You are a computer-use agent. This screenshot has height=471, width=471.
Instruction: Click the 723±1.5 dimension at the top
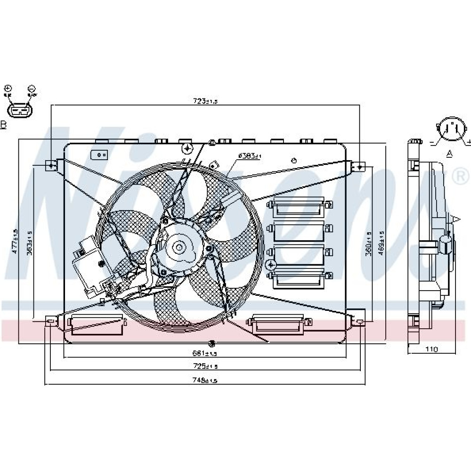pos(205,101)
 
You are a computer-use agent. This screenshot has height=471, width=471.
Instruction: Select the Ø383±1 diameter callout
pos(250,155)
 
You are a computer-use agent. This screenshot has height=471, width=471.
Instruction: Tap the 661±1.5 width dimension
pos(205,353)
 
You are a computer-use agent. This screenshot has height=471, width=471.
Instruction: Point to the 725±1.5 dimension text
pos(205,366)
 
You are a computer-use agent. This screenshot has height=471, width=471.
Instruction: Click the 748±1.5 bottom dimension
pos(205,380)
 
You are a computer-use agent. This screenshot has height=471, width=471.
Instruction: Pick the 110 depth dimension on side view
pos(431,349)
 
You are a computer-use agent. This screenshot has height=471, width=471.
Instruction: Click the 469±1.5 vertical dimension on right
pos(382,243)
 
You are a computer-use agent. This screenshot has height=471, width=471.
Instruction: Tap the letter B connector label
pos(3,125)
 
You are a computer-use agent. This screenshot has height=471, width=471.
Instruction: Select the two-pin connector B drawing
pos(20,110)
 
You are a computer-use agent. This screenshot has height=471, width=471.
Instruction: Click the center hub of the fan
pos(179,247)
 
